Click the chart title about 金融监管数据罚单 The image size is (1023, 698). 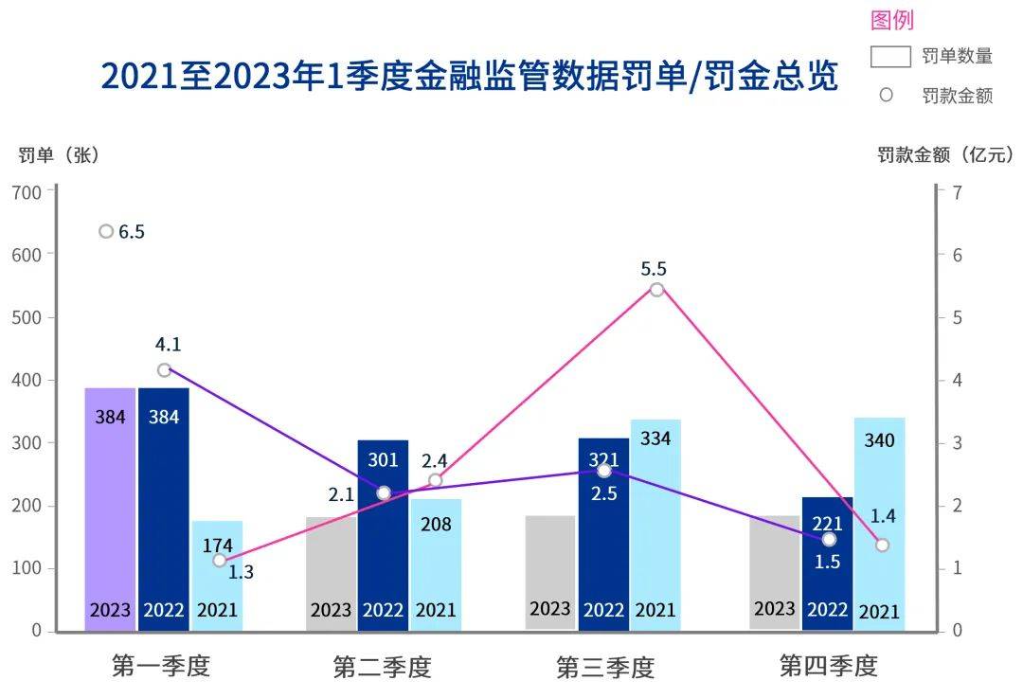click(x=469, y=77)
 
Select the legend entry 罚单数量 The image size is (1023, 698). click(x=957, y=56)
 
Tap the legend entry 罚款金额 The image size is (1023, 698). click(x=957, y=96)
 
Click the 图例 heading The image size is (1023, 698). click(x=891, y=20)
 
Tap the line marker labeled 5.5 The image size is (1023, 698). click(x=656, y=289)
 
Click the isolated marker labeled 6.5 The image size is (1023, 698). click(x=106, y=232)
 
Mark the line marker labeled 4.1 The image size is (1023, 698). click(x=164, y=369)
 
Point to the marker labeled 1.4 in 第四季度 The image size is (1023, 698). click(x=882, y=545)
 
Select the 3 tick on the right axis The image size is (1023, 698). click(x=957, y=442)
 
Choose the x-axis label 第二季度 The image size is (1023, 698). click(x=382, y=667)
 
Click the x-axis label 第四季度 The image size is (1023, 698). click(x=828, y=666)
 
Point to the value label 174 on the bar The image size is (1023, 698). click(x=217, y=545)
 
